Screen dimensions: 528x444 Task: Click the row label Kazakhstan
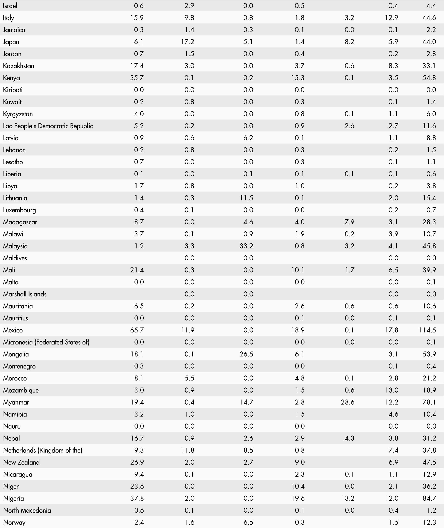coord(18,66)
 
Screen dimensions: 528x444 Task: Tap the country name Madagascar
coord(20,222)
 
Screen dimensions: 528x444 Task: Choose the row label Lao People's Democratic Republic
coord(48,126)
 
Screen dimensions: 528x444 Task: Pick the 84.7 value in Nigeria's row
coord(429,498)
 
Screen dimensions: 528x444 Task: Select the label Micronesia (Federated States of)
coord(46,342)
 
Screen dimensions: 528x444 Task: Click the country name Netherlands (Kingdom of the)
coord(43,450)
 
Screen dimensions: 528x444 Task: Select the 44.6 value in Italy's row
coord(429,18)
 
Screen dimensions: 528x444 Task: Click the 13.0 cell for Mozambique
coord(392,390)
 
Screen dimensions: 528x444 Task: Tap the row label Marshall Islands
coord(25,294)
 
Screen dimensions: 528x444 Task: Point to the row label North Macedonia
coord(27,510)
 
